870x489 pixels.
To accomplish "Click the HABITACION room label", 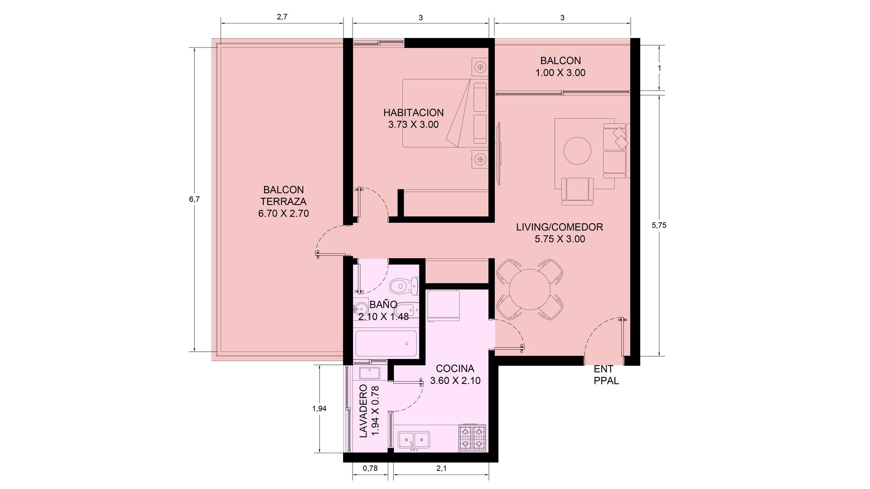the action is [x=413, y=113].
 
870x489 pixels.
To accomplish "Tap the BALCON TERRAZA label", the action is [x=284, y=196].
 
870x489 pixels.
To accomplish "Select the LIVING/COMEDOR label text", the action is [x=560, y=227].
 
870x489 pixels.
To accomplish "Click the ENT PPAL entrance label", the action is [x=606, y=375].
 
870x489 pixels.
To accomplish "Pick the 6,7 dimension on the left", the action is [x=194, y=199].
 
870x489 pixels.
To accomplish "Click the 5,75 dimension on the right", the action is [x=659, y=225].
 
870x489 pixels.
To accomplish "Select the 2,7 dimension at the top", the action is [x=282, y=17].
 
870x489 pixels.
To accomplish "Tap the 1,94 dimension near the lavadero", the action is [x=319, y=408].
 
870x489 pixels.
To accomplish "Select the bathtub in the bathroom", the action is [x=386, y=344].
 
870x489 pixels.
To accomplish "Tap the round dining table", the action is [x=529, y=289].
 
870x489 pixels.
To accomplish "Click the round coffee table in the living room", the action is [x=577, y=151].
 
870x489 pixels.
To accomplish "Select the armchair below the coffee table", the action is [x=577, y=191].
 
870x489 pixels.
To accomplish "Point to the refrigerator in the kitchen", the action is [x=444, y=305].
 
